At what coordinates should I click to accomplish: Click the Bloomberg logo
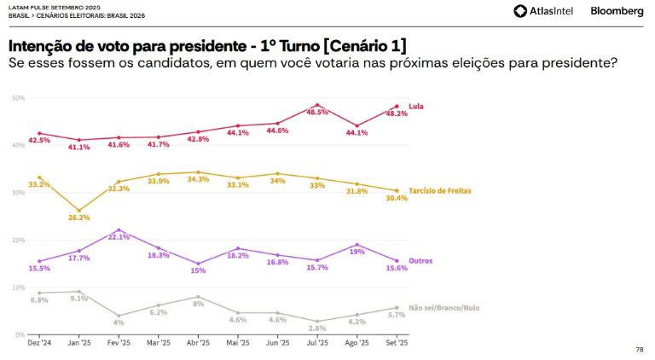pos(616,11)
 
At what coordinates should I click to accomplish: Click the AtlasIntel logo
pos(544,11)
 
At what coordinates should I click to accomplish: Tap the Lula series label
pos(417,107)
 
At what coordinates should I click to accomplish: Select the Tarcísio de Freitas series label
pos(440,191)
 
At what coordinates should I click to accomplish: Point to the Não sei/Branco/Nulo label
pos(444,307)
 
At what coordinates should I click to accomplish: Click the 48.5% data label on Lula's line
pos(317,113)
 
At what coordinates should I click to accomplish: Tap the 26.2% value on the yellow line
pos(79,218)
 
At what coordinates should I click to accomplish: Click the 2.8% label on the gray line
pos(317,328)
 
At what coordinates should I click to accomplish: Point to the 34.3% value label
pos(198,179)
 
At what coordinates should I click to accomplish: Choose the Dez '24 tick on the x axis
pos(39,342)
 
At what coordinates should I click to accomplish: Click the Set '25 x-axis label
pos(397,342)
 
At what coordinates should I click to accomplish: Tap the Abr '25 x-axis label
pos(198,342)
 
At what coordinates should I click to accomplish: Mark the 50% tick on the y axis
pos(18,98)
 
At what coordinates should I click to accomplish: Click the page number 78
pos(640,350)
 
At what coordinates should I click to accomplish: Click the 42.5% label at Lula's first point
pos(39,141)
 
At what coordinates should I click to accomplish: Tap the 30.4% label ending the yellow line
pos(397,198)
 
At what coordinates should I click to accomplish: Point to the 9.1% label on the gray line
pos(79,299)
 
